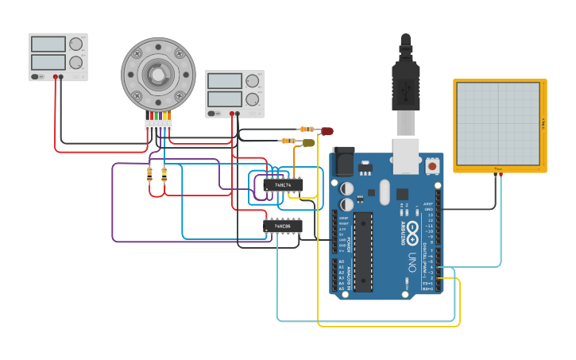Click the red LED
[x=327, y=130]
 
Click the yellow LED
[x=309, y=143]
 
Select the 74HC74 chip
[x=283, y=184]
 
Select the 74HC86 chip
[x=283, y=226]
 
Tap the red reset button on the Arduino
[x=432, y=166]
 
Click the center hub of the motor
[x=158, y=74]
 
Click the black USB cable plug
[x=405, y=83]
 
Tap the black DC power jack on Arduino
[x=343, y=161]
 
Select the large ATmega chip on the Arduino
[x=363, y=251]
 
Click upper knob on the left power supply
[x=75, y=45]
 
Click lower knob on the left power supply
[x=75, y=62]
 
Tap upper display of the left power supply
[x=48, y=45]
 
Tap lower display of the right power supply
[x=224, y=99]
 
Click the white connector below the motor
[x=158, y=125]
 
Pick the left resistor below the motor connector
[x=150, y=176]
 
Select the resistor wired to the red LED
[x=307, y=129]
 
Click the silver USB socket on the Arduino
[x=406, y=155]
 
